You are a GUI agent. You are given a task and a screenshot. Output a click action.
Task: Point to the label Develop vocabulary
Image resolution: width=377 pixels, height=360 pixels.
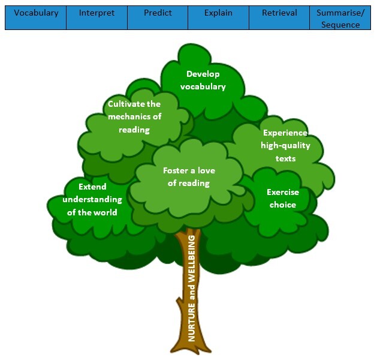(203, 80)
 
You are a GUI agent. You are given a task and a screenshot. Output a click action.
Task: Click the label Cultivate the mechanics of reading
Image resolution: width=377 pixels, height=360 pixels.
(134, 116)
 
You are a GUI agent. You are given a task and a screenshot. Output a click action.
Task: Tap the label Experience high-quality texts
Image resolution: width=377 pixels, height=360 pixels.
(285, 145)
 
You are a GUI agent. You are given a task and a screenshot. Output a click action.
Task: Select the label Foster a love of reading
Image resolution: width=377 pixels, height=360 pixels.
(189, 177)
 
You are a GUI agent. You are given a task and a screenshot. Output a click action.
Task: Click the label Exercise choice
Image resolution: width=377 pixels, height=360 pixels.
(282, 199)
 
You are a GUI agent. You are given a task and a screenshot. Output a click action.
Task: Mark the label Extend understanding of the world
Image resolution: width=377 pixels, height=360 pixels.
(92, 199)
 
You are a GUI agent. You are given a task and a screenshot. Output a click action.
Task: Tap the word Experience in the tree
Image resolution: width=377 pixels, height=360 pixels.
(285, 133)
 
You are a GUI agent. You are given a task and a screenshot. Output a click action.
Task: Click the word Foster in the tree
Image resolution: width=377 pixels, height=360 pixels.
(176, 170)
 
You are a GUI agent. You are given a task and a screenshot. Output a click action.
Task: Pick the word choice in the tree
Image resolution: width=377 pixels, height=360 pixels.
(282, 205)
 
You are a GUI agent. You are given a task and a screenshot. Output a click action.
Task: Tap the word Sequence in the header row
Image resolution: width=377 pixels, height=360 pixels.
(340, 25)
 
